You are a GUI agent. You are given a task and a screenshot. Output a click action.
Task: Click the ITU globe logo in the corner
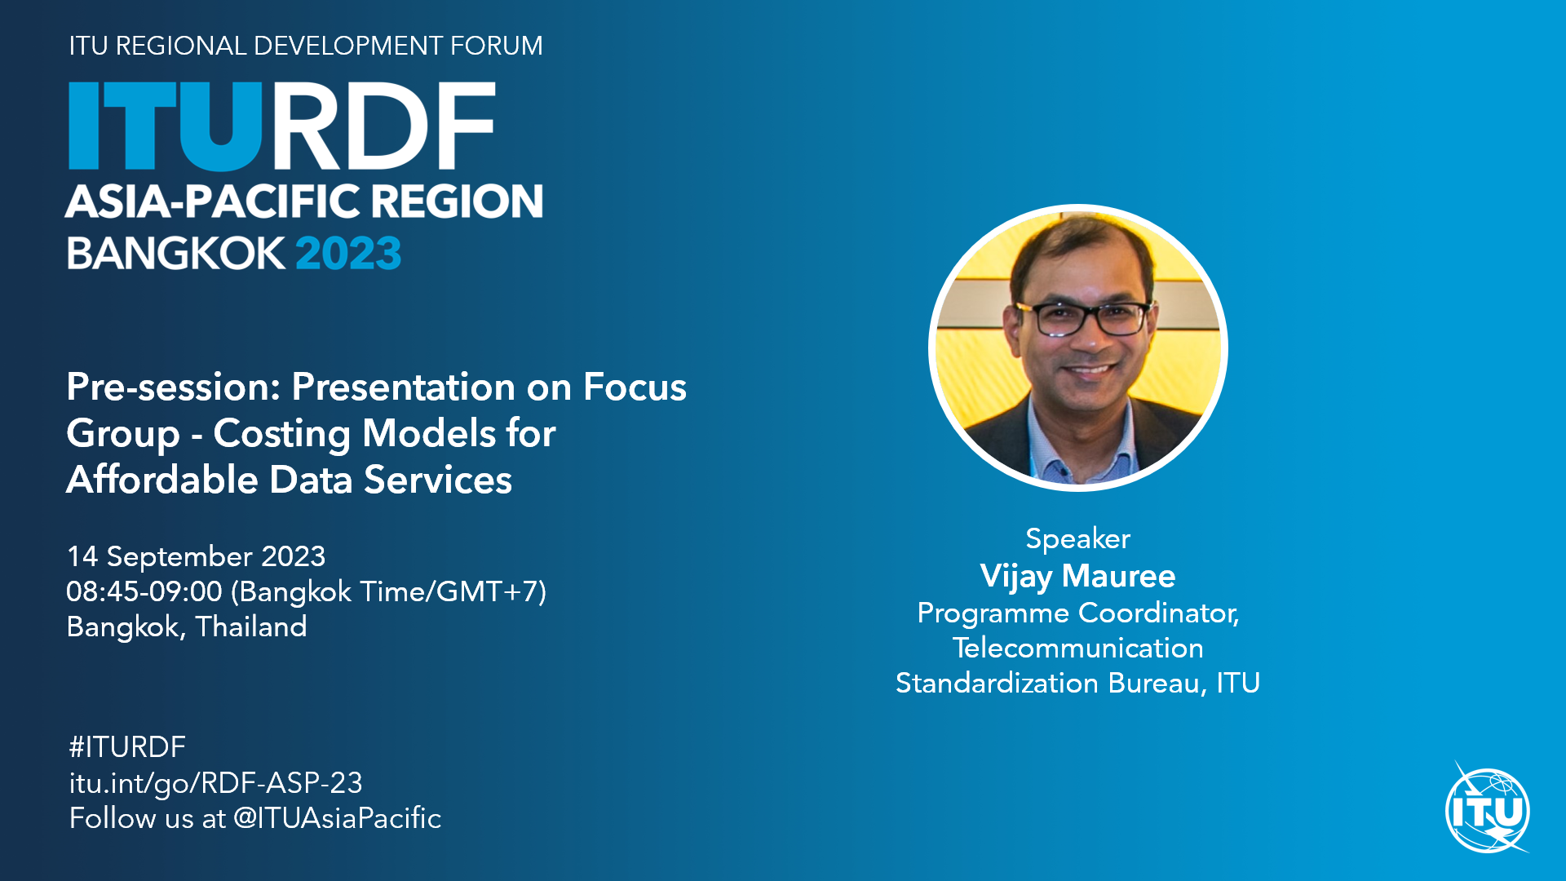(1488, 810)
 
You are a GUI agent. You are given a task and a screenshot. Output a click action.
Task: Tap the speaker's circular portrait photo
(1078, 348)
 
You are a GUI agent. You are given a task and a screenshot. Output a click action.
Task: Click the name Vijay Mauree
(1077, 577)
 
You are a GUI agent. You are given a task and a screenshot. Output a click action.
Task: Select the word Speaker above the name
(1077, 539)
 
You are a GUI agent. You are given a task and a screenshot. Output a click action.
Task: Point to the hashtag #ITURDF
(127, 747)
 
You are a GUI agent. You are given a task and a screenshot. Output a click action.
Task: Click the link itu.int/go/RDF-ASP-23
(215, 784)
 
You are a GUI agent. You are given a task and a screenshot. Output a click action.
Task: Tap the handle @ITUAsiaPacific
(337, 818)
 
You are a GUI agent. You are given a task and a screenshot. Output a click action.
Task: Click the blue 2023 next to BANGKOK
(348, 254)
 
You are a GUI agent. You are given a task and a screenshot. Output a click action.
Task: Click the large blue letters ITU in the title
(166, 126)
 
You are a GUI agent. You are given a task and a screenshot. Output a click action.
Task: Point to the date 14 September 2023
(196, 556)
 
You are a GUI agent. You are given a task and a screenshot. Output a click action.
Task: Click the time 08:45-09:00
(144, 591)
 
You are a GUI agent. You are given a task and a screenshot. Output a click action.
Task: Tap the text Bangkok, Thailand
(187, 626)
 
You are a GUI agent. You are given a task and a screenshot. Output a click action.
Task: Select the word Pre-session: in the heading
(174, 387)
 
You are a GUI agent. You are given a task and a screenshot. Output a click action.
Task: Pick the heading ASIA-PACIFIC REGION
(304, 201)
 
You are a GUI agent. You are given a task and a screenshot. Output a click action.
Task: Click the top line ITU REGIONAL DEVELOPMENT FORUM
(306, 46)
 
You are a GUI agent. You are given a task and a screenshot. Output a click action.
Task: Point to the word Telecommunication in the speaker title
(1077, 649)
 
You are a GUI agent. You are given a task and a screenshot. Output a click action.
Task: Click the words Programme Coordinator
(1077, 613)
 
